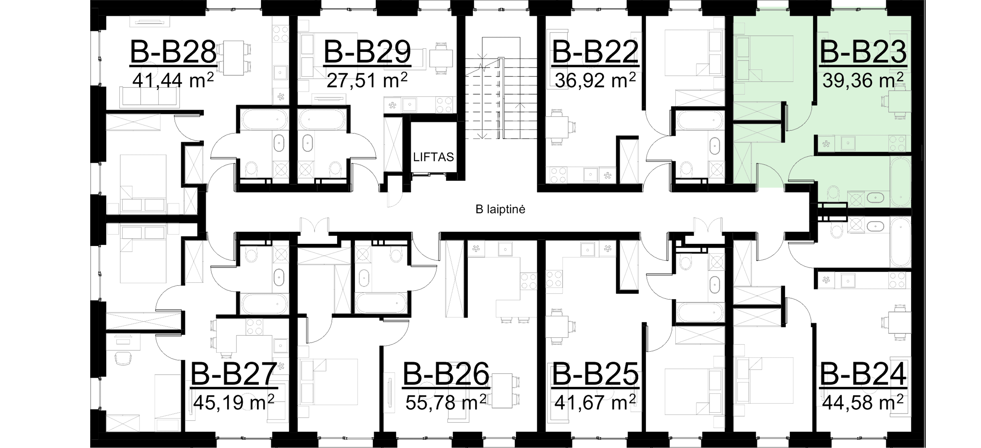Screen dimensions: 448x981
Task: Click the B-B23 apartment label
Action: [863, 52]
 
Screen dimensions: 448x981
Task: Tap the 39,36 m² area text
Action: [863, 81]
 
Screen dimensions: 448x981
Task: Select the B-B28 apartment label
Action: [173, 52]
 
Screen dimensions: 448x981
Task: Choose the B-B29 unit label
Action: [367, 52]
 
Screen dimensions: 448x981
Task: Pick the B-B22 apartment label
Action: [595, 52]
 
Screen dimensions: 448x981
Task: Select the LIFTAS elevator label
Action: [434, 157]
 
